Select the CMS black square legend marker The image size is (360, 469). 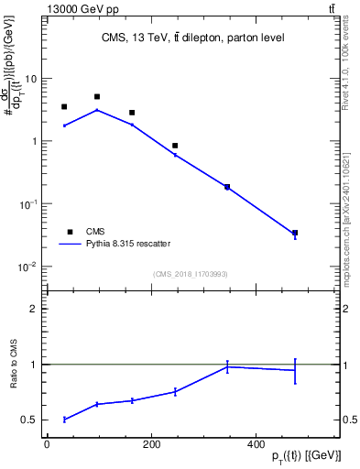pyautogui.click(x=67, y=232)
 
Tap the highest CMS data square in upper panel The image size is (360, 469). pyautogui.click(x=97, y=96)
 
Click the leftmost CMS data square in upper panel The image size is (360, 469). pyautogui.click(x=64, y=107)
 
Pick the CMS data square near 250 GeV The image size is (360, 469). pyautogui.click(x=175, y=146)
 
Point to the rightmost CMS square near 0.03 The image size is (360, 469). pyautogui.click(x=295, y=234)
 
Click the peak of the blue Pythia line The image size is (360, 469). pyautogui.click(x=97, y=110)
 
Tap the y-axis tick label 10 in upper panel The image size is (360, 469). pyautogui.click(x=32, y=79)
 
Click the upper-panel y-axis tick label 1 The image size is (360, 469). pyautogui.click(x=35, y=141)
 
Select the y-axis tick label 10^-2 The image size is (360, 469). pyautogui.click(x=29, y=267)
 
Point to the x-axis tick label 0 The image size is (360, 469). pyautogui.click(x=47, y=445)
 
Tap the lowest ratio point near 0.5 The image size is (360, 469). pyautogui.click(x=64, y=420)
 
